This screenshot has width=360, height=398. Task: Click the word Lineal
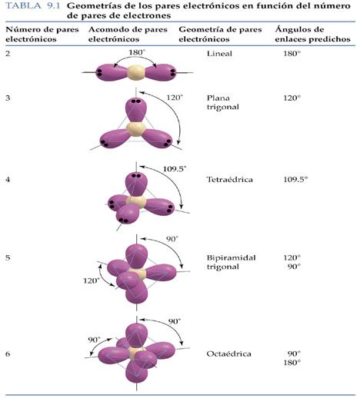click(219, 54)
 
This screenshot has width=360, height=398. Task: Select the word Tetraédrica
click(229, 179)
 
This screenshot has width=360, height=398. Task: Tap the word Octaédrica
click(228, 353)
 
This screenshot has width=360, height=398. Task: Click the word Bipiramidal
click(231, 257)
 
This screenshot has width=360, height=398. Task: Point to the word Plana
click(218, 98)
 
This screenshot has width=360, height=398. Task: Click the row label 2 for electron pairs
click(8, 54)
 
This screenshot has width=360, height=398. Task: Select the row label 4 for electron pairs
click(8, 179)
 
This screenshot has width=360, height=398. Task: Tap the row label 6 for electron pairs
click(8, 353)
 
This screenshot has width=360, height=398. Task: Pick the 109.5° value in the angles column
click(295, 179)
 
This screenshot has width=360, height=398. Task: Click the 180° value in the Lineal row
click(292, 54)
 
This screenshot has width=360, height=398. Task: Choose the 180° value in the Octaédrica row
click(292, 363)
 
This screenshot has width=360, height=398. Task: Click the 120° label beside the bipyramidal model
click(92, 280)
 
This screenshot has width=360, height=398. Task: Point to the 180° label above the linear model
click(137, 52)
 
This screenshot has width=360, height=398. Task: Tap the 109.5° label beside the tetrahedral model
click(175, 169)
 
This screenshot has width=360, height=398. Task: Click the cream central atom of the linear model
click(136, 72)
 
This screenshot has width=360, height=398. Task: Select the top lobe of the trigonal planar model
click(135, 110)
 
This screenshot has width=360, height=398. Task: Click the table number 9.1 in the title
click(53, 6)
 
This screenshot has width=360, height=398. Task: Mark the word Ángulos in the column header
click(299, 30)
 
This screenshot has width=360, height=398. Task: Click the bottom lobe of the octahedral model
click(137, 370)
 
